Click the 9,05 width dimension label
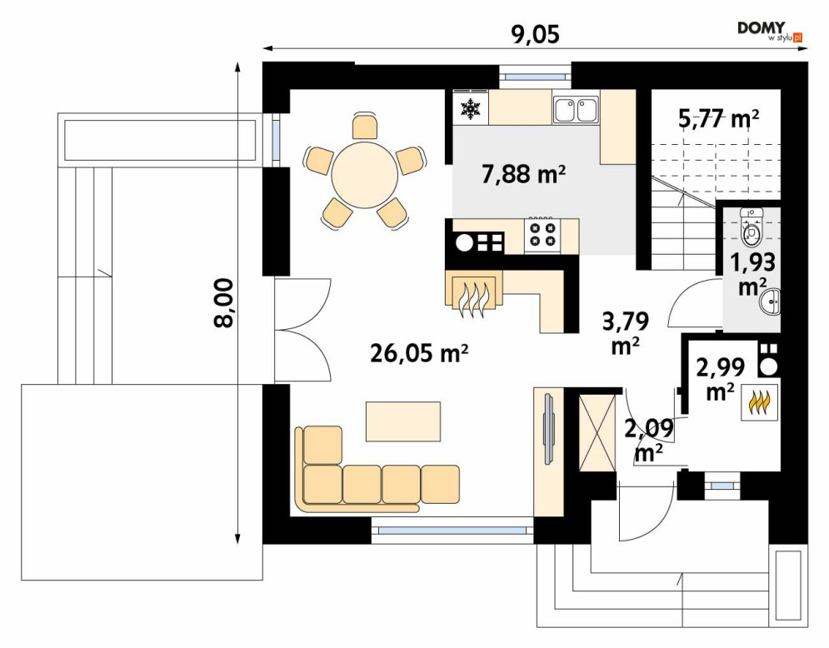pyautogui.click(x=535, y=34)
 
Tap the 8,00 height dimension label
pyautogui.click(x=224, y=303)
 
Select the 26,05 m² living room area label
pyautogui.click(x=419, y=352)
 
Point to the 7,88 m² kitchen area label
pyautogui.click(x=524, y=173)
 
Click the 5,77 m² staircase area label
pyautogui.click(x=718, y=119)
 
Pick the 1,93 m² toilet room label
pyautogui.click(x=753, y=273)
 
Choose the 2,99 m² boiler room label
pyautogui.click(x=720, y=378)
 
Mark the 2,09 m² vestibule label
pyautogui.click(x=649, y=439)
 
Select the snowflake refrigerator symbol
pyautogui.click(x=470, y=107)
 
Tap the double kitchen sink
pyautogui.click(x=576, y=110)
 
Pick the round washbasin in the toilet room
pyautogui.click(x=771, y=302)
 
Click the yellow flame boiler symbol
pyautogui.click(x=759, y=402)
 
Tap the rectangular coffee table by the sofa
pyautogui.click(x=403, y=421)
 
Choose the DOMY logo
pyautogui.click(x=770, y=31)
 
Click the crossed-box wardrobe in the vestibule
pyautogui.click(x=597, y=431)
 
